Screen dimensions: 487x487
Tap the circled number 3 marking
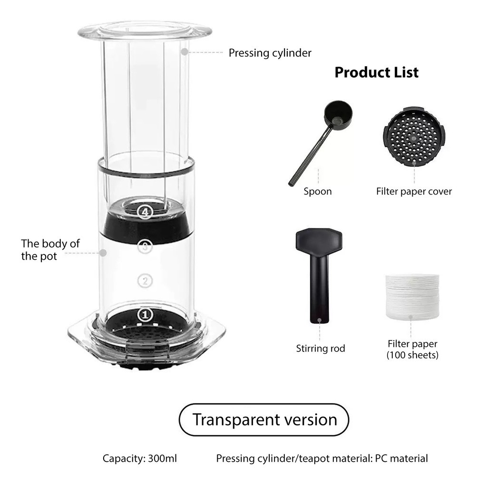(145, 247)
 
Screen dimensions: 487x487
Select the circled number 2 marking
(145, 281)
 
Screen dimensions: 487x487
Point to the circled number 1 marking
(145, 315)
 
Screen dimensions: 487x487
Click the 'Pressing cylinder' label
(270, 53)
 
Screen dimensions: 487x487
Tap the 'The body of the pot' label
(50, 250)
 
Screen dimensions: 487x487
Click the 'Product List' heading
(377, 72)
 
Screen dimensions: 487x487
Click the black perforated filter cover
(414, 136)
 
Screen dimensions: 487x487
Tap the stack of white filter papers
(412, 297)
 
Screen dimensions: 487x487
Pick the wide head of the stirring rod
(319, 241)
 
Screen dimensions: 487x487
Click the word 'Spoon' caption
(318, 191)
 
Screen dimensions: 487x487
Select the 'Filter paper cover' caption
(414, 191)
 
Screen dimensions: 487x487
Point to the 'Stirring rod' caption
(321, 349)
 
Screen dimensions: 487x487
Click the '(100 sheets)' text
(412, 355)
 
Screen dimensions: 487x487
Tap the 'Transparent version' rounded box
(264, 419)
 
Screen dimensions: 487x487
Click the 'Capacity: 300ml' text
(140, 458)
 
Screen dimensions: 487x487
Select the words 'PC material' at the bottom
(401, 458)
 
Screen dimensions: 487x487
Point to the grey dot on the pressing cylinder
(185, 52)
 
